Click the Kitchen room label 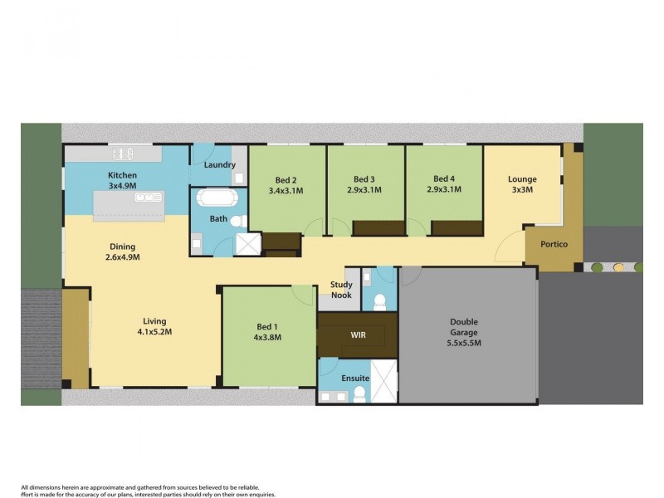point(122,175)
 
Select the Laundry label point(220,164)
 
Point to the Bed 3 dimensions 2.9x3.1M point(364,190)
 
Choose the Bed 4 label point(444,179)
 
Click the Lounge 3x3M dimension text point(522,190)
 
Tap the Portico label point(554,244)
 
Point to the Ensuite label point(354,378)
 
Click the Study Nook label point(341,290)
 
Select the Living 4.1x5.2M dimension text point(154,332)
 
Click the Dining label point(122,247)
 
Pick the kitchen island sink point(148,198)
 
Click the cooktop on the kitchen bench point(123,154)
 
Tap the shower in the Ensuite point(383,383)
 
